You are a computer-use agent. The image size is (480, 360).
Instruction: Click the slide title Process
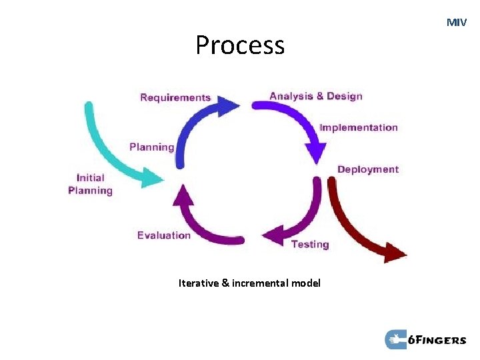[x=240, y=45]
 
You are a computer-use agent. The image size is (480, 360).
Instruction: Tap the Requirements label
[x=175, y=98]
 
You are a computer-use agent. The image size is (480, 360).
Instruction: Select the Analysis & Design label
[x=315, y=96]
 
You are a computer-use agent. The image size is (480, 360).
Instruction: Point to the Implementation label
[x=358, y=127]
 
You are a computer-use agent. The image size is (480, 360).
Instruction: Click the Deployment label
[x=368, y=169]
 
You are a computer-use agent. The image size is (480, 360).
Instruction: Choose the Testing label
[x=310, y=245]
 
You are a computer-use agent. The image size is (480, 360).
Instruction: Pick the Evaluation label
[x=164, y=235]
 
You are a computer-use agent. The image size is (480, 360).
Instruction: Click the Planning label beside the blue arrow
[x=152, y=147]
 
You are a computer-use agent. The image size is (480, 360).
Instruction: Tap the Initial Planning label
[x=91, y=184]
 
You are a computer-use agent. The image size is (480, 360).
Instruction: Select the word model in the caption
[x=305, y=283]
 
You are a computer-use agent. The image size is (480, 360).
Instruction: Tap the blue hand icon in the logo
[x=396, y=339]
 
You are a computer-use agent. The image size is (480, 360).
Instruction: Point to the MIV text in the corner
[x=457, y=23]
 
